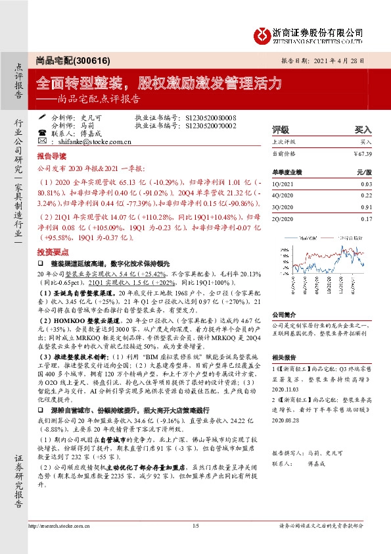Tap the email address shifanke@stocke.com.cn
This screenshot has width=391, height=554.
pyautogui.click(x=96, y=141)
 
